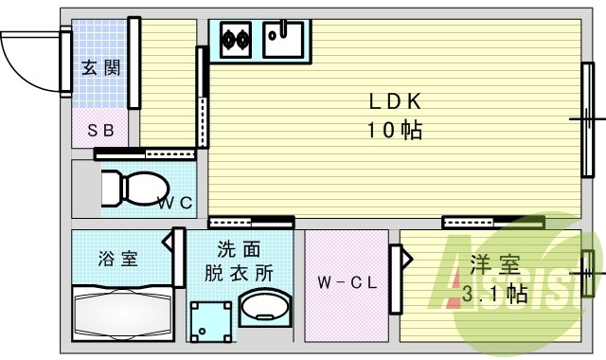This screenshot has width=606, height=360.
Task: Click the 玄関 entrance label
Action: (x=99, y=68)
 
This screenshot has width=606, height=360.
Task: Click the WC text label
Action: (x=175, y=202)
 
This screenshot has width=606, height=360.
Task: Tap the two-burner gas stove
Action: (x=235, y=39)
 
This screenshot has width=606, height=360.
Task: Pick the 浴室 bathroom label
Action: (x=117, y=258)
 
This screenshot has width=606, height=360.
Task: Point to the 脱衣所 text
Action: (x=240, y=273)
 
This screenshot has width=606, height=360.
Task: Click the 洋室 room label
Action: (x=490, y=263)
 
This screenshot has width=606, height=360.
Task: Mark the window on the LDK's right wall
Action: (x=587, y=118)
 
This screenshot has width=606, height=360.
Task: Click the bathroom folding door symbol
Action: (x=176, y=256)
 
